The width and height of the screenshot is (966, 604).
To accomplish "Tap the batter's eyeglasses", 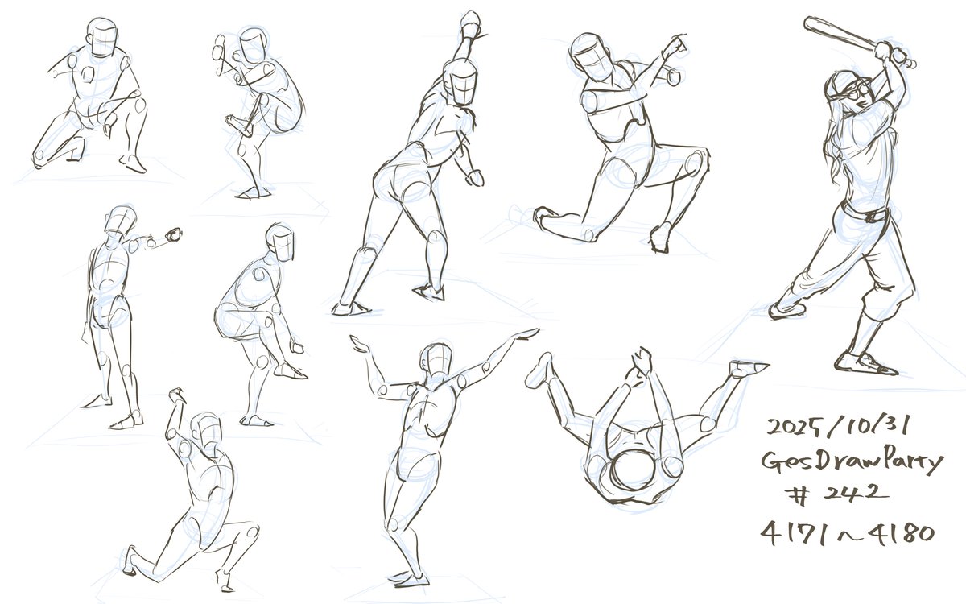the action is click(855, 92).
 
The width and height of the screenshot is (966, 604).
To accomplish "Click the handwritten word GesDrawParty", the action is click(852, 462).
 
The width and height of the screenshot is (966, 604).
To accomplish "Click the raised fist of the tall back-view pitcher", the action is click(470, 23).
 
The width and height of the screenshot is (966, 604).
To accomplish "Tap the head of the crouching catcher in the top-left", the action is click(101, 37).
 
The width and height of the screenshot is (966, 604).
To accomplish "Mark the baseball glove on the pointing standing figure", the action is click(174, 234).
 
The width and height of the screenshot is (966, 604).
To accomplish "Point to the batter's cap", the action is click(843, 83).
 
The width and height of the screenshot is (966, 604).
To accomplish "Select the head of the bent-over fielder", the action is click(281, 242).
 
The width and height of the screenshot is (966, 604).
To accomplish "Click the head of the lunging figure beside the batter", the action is click(592, 57).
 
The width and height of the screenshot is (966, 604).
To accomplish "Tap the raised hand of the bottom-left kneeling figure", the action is click(176, 395).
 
